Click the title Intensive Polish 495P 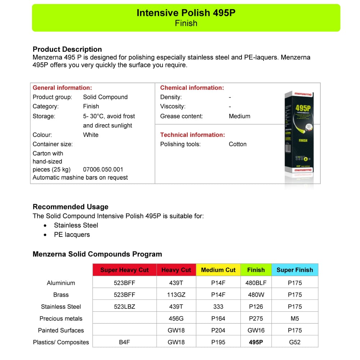click(x=186, y=13)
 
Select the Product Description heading click(x=67, y=49)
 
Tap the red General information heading click(x=62, y=87)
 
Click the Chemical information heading click(x=192, y=87)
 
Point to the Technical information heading click(x=192, y=135)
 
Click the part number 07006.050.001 click(x=103, y=169)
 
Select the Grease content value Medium click(x=239, y=116)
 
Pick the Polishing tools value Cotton click(x=238, y=144)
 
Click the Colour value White click(x=91, y=135)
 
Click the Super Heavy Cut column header click(x=125, y=270)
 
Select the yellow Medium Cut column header click(x=218, y=270)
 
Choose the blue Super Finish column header click(x=294, y=270)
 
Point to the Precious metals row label click(x=61, y=319)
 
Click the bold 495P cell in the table click(x=256, y=342)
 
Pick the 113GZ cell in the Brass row click(x=176, y=294)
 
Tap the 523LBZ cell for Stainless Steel click(x=125, y=307)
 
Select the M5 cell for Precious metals click(x=294, y=319)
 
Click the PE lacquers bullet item click(x=72, y=235)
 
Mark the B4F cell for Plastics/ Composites click(x=125, y=342)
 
